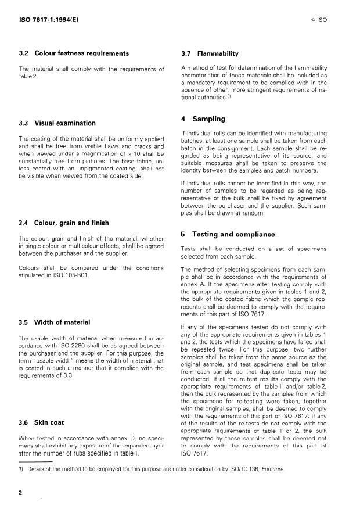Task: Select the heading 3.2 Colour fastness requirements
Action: coord(74,53)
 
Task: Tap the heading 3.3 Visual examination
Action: coord(57,123)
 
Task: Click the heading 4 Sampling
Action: coord(203,119)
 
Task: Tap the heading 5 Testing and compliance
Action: coord(228,234)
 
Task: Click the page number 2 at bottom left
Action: coord(20,493)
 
